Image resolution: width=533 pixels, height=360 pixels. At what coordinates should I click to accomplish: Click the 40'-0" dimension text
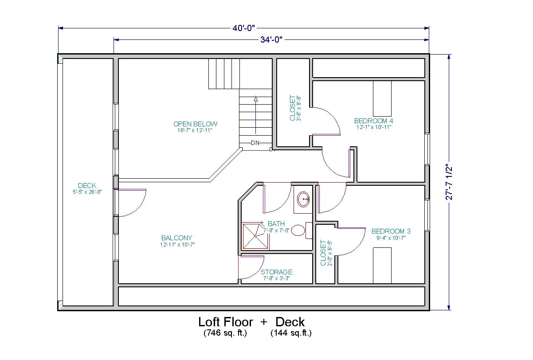pos(244,28)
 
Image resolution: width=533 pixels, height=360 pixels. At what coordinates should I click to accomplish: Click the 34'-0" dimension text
pos(271,40)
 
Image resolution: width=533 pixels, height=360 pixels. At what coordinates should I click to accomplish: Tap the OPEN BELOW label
pos(195,124)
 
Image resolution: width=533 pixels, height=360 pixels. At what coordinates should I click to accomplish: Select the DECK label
pos(87,186)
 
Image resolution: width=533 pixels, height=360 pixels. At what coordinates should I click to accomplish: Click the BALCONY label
pos(176,238)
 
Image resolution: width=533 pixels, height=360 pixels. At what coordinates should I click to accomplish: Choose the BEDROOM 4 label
pos(373,121)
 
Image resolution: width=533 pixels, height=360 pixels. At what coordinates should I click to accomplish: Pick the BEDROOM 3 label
pos(391,231)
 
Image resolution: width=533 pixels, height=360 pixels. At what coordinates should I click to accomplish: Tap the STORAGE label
pos(276,272)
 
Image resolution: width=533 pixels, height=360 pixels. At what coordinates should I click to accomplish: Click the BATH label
pos(276,224)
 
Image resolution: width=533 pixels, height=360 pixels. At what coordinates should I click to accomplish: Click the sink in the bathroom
pos(304,199)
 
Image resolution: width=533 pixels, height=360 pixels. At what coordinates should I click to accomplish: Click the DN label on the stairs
pos(255,143)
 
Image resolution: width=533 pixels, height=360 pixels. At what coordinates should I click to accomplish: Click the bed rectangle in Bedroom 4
pos(382,98)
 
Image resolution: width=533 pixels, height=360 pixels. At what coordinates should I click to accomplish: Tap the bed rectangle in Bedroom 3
pos(382,265)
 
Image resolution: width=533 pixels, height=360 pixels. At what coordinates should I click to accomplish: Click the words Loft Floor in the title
pos(225,322)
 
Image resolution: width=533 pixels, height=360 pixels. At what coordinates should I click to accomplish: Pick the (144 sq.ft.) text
pos(291,333)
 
